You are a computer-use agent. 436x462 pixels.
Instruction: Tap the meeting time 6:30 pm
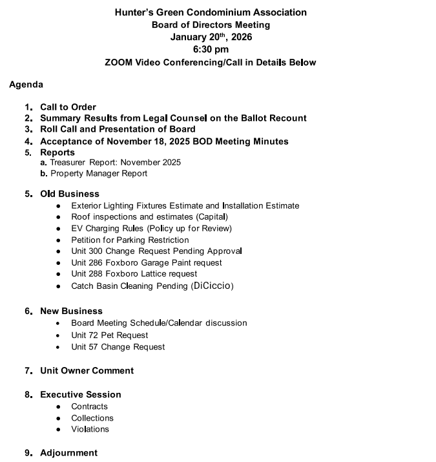point(211,50)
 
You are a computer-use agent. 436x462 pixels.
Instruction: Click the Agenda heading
point(26,85)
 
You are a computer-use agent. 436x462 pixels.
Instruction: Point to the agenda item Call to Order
point(68,107)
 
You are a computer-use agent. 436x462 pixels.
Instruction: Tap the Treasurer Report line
point(115,162)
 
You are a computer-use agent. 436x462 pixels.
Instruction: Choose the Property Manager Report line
point(99,173)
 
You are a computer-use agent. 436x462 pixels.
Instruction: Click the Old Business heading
point(70,194)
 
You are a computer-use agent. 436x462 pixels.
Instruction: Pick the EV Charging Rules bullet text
point(151,228)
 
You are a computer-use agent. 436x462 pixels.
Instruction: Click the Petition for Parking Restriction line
point(130,240)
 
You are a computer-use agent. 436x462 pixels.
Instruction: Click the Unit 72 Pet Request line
point(110,335)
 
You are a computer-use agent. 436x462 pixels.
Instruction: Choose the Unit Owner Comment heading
point(87,371)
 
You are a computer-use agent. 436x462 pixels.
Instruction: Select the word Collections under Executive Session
point(92,418)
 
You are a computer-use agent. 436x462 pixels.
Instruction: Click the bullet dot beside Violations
point(58,430)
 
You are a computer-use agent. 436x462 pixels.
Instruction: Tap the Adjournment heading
point(69,453)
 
